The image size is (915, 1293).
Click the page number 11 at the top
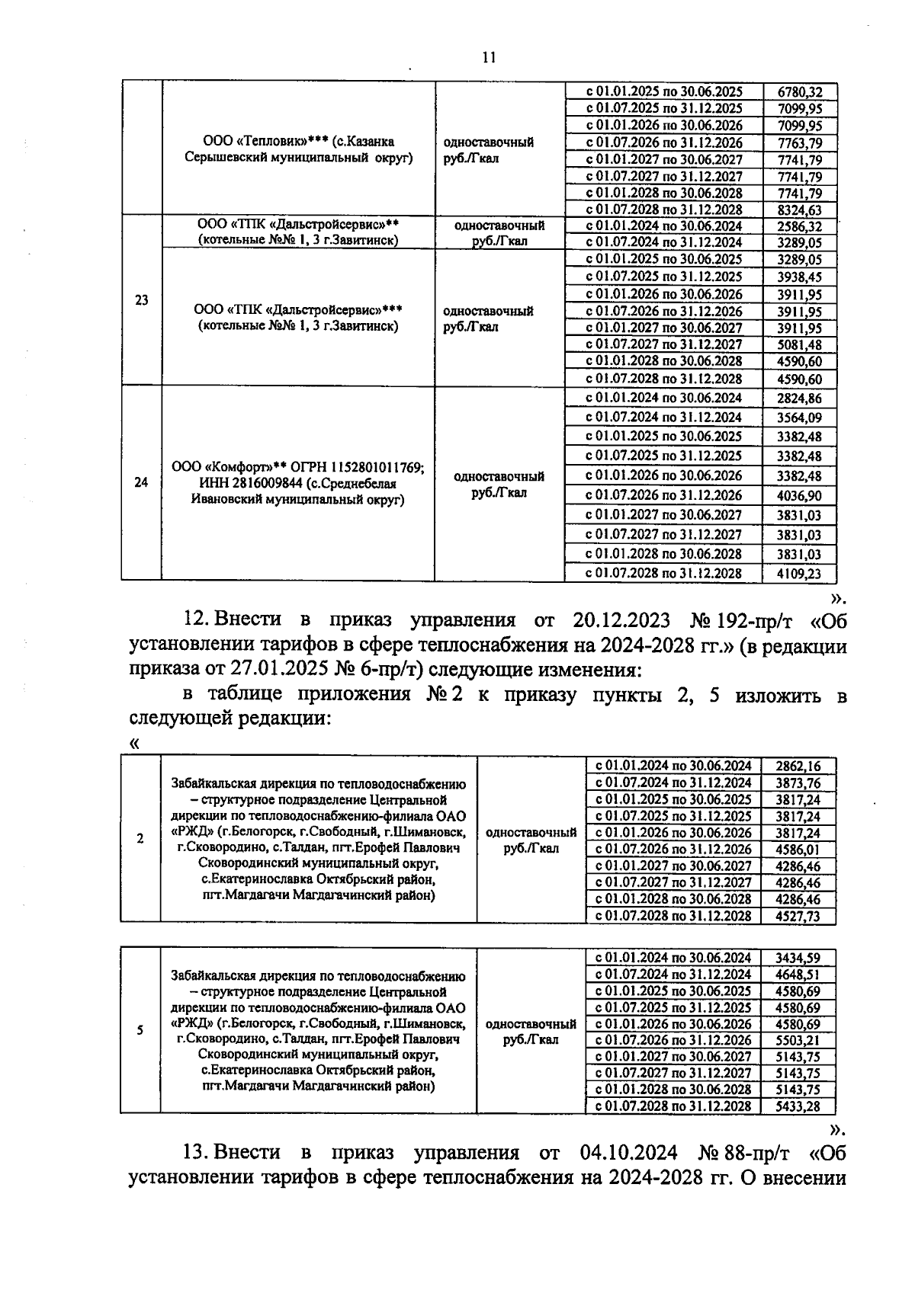click(489, 57)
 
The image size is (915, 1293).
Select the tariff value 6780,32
click(799, 91)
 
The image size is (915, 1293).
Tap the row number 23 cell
click(142, 300)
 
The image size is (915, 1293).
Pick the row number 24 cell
click(142, 482)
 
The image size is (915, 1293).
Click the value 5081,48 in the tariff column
click(799, 345)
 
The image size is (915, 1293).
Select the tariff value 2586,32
click(799, 227)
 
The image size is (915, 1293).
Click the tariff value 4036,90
click(799, 496)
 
